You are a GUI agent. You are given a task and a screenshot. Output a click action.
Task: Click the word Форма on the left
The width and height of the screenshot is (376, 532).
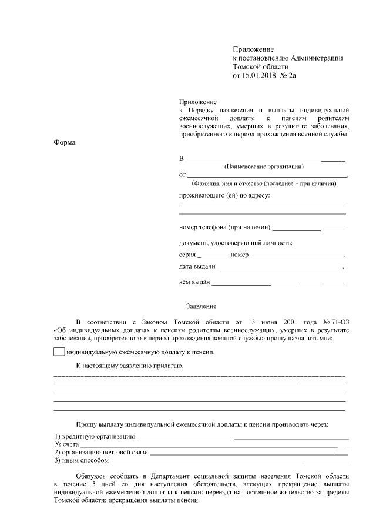pos(65,142)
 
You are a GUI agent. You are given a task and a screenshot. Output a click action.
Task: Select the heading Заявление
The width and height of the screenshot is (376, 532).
pos(202,306)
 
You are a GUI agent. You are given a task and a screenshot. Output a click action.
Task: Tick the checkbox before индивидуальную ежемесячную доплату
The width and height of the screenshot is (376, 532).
pos(59,352)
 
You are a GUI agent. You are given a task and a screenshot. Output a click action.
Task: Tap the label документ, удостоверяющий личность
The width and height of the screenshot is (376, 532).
pos(236,243)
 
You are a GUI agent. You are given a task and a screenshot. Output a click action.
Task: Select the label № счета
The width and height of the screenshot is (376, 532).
pos(66,445)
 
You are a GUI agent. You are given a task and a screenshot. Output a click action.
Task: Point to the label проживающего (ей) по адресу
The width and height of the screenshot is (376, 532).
pos(224,195)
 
